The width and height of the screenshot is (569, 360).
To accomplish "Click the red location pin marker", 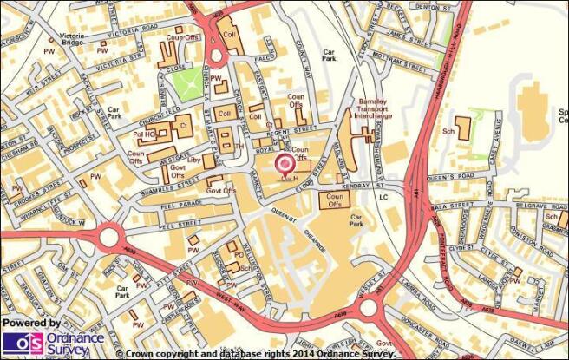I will [284, 163].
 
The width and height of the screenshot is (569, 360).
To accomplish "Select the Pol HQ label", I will [144, 135].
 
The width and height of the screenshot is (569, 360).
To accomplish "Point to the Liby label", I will [194, 160].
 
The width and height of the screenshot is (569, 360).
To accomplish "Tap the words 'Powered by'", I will [32, 323].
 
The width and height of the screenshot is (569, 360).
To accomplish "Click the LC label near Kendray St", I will [384, 197].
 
